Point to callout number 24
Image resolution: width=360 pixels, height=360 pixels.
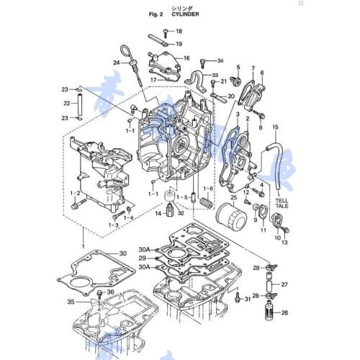pyautogui.click(x=116, y=63)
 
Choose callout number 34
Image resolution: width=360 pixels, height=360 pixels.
pyautogui.click(x=220, y=60)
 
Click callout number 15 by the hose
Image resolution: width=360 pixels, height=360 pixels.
pyautogui.click(x=274, y=127)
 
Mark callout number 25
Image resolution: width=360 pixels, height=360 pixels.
pyautogui.click(x=233, y=197)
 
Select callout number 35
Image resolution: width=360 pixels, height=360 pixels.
pyautogui.click(x=71, y=302)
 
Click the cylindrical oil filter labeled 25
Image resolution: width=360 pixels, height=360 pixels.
pyautogui.click(x=234, y=216)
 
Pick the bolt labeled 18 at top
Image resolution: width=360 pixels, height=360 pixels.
pyautogui.click(x=165, y=32)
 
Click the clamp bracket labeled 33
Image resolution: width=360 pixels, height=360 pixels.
pyautogui.click(x=193, y=80)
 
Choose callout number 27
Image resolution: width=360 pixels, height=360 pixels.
pyautogui.click(x=283, y=284)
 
